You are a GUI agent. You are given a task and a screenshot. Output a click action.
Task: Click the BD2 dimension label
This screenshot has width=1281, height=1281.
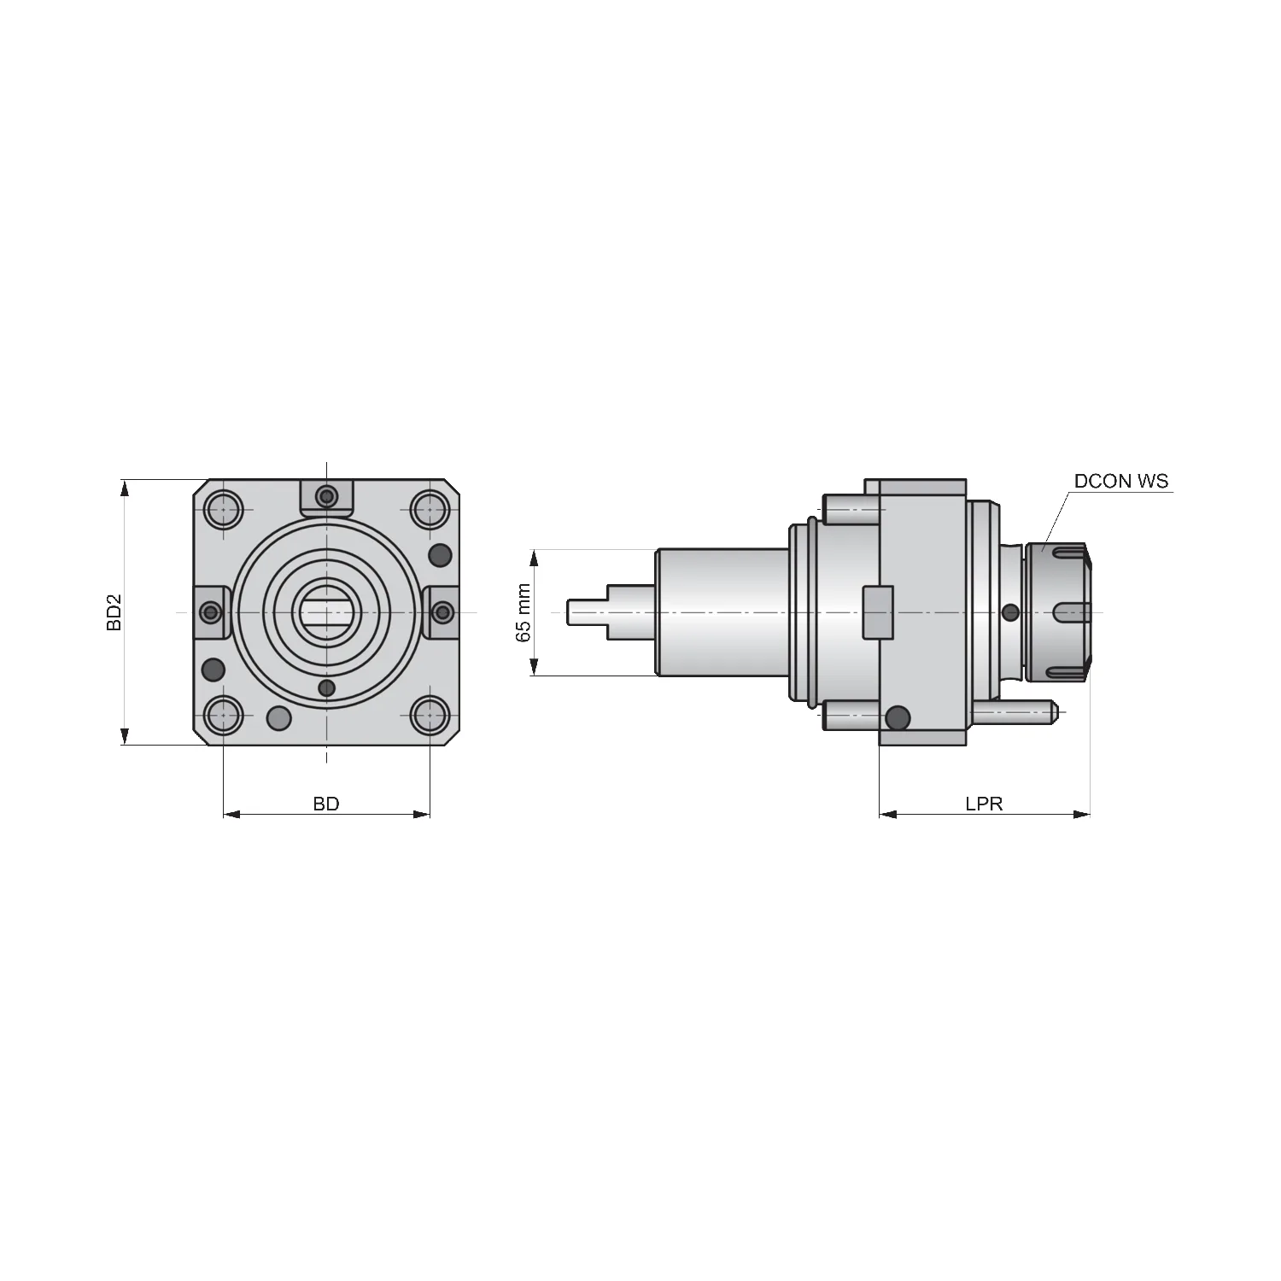(114, 612)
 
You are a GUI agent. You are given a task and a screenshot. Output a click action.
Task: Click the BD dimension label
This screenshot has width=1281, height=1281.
(326, 804)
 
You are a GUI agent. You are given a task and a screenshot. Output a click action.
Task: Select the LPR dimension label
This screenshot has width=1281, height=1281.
(984, 804)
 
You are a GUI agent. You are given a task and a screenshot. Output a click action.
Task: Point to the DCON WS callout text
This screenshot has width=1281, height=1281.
(1121, 481)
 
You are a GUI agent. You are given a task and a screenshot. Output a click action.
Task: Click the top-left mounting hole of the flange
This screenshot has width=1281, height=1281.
(224, 510)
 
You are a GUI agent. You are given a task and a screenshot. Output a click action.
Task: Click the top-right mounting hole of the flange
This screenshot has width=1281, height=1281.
(430, 510)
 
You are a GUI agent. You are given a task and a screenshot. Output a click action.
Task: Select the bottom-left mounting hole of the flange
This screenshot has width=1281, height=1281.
(224, 716)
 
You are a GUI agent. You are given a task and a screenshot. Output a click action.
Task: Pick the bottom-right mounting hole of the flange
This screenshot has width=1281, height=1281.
(430, 716)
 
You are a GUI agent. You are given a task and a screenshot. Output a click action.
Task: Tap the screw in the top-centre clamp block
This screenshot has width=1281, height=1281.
(326, 496)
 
